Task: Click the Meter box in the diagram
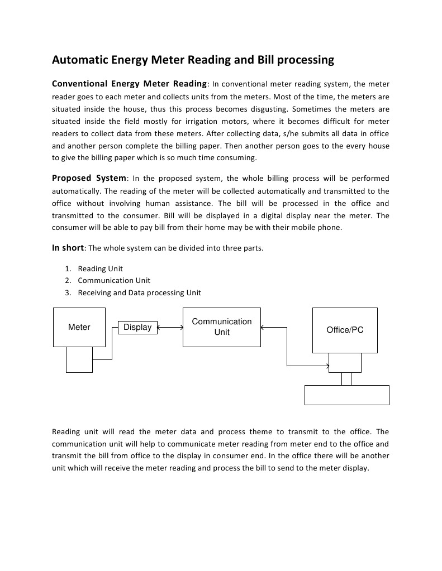(x=79, y=327)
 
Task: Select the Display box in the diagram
(x=137, y=328)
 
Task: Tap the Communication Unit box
(x=222, y=327)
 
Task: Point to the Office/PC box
(x=345, y=330)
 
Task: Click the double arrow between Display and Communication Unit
(x=170, y=328)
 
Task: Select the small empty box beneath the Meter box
(x=79, y=359)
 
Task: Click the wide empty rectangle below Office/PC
(x=346, y=395)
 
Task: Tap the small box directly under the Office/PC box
(x=345, y=363)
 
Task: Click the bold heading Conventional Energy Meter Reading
(x=129, y=84)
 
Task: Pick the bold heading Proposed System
(x=89, y=179)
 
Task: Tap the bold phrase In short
(x=68, y=248)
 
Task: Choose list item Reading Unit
(x=100, y=268)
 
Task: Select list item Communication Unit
(x=114, y=280)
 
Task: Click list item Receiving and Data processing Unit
(x=139, y=292)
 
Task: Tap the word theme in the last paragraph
(x=259, y=431)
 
